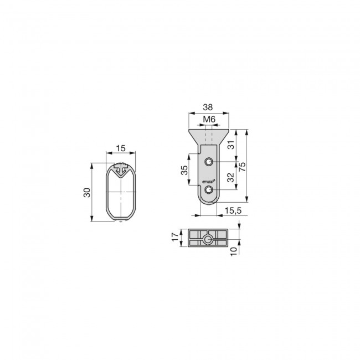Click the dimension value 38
(x=208, y=107)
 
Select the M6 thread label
(x=209, y=120)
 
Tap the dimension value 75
(x=242, y=167)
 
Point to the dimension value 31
(x=231, y=145)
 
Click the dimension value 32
(x=231, y=177)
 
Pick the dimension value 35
(x=184, y=170)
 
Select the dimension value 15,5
(x=233, y=210)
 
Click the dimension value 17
(x=175, y=237)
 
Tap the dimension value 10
(x=233, y=251)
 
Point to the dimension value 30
(x=87, y=192)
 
